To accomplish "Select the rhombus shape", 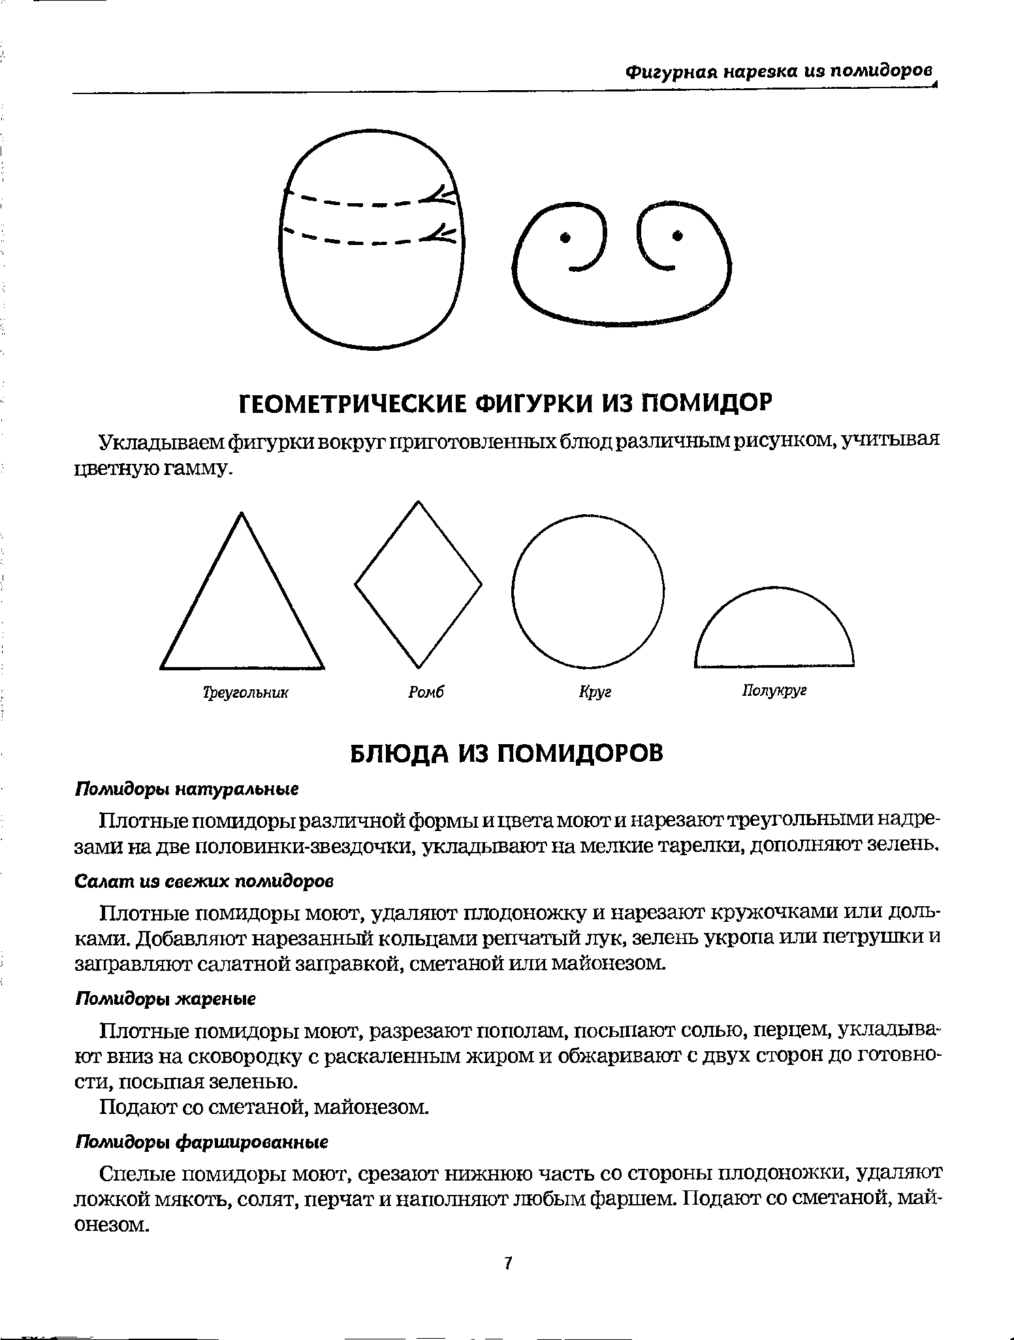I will pos(418,584).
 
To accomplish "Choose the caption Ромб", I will pos(426,692).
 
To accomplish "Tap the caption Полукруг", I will pos(774,691).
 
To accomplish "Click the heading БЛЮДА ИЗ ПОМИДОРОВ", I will pos(507,753).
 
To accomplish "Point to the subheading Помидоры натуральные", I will pos(187,789).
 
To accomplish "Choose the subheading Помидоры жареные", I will pos(166,999).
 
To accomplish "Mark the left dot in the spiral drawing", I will pos(565,237).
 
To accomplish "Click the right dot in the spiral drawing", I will pos(677,235).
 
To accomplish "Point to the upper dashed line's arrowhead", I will pos(440,194).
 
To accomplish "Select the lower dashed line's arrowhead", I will pos(441,233).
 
